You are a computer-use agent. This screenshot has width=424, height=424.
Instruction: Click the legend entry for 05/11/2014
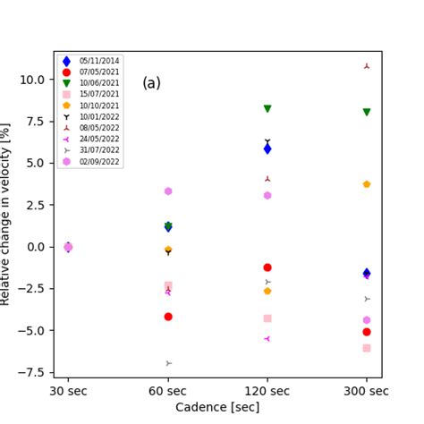[93, 61]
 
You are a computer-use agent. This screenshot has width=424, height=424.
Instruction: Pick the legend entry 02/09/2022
[93, 161]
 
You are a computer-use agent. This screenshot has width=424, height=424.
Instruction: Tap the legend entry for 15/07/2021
[93, 94]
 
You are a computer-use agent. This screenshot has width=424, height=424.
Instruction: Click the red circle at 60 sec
[168, 317]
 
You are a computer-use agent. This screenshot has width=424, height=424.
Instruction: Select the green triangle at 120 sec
[267, 108]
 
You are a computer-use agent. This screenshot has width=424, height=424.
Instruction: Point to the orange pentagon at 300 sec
[367, 184]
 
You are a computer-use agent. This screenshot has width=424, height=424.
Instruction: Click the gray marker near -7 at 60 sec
[168, 363]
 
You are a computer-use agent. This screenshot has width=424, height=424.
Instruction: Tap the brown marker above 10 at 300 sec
[367, 66]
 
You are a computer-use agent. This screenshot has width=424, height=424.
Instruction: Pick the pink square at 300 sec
[367, 348]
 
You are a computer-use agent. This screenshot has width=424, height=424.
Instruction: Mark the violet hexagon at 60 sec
[168, 191]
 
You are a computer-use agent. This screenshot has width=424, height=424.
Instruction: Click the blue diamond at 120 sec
[267, 148]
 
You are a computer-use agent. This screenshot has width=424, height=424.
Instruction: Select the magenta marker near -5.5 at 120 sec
[267, 339]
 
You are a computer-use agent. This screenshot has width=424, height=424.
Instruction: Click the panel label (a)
[152, 83]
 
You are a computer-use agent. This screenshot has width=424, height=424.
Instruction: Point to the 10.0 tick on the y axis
[34, 79]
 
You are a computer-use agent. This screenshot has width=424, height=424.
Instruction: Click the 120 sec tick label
[267, 391]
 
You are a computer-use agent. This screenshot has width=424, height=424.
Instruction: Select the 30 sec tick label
[69, 391]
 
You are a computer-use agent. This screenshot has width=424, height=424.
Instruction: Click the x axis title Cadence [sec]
[217, 407]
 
